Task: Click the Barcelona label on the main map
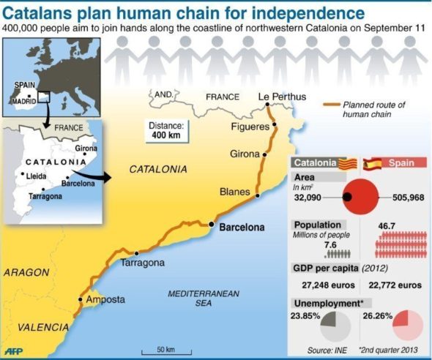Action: tap(242, 227)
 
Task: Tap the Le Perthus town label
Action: tap(275, 97)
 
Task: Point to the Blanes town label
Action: tap(234, 192)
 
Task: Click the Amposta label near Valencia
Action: tap(105, 299)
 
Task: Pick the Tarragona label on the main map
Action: tap(142, 263)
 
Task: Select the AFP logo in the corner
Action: tap(15, 350)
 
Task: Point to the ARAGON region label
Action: tap(26, 272)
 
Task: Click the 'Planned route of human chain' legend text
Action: tap(374, 109)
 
